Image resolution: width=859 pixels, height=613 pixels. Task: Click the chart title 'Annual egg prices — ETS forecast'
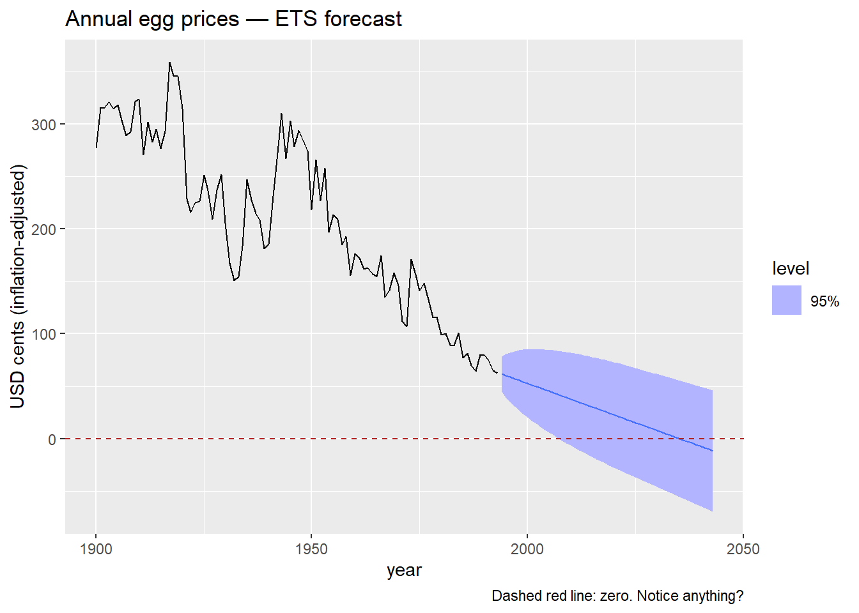tap(233, 19)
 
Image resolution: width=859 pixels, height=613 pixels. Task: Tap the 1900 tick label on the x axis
tap(96, 549)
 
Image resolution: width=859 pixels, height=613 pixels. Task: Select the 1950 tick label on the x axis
tap(311, 549)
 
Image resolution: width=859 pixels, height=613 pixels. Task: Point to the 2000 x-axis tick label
tap(527, 549)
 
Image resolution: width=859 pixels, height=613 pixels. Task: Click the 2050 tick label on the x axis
tap(743, 549)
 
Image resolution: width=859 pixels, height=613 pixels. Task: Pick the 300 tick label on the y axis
tap(43, 125)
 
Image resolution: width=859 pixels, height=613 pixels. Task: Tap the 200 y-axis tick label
tap(43, 229)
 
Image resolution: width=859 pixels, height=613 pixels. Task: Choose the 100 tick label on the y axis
tap(43, 334)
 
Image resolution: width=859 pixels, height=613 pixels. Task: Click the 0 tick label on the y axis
tap(52, 439)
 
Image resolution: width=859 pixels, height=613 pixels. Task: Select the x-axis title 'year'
tap(404, 570)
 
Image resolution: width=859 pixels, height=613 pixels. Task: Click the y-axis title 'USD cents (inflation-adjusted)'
tap(18, 287)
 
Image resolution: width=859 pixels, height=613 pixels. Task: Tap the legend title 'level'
tap(790, 269)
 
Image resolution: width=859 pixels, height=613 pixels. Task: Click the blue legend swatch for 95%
tap(786, 300)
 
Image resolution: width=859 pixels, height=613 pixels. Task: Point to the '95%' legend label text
tap(824, 301)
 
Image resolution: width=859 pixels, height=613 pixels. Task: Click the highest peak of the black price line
tap(169, 63)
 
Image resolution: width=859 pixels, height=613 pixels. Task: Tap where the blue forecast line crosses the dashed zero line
tap(680, 439)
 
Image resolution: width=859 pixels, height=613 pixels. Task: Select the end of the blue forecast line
tap(712, 451)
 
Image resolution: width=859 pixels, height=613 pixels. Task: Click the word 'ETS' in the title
tap(297, 19)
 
